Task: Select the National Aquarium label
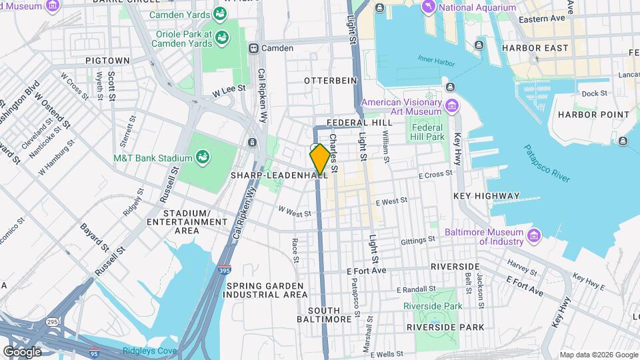coord(478,7)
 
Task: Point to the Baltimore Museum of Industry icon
coord(533,235)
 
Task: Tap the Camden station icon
coord(254,48)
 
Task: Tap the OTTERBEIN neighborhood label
coord(331,81)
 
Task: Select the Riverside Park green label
coord(433,306)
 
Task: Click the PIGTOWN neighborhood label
coord(107,61)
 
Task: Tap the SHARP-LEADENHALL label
coord(279,175)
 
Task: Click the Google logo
coord(22,351)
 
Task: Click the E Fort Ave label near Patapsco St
coord(368,271)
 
